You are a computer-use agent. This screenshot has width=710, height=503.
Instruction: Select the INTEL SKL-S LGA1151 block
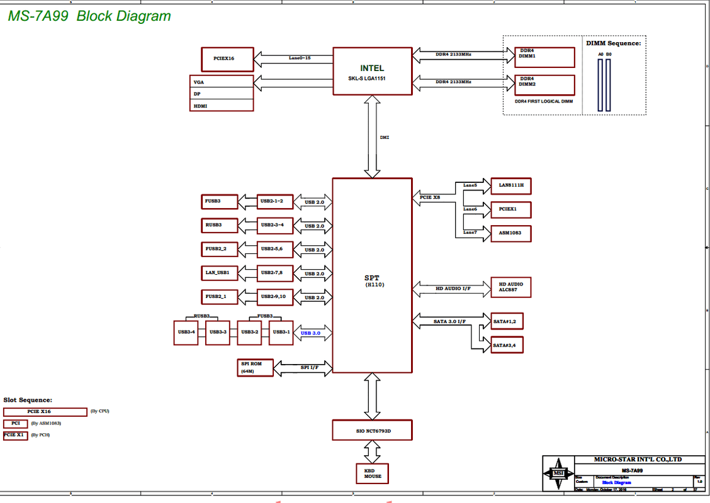[372, 71]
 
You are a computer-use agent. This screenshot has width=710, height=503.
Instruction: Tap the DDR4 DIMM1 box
[544, 57]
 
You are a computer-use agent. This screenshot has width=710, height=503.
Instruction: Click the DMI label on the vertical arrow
[385, 136]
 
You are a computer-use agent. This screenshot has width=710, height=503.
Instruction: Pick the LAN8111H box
[510, 185]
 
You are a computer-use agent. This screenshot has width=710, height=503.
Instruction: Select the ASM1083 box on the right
[510, 233]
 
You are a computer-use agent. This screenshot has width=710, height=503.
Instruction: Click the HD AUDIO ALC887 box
[510, 287]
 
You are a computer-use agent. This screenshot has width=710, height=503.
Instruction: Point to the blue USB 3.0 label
[311, 333]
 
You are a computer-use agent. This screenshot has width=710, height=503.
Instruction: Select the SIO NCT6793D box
[372, 430]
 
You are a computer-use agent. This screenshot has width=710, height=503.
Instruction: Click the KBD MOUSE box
[372, 473]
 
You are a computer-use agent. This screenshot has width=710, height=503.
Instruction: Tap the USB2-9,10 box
[275, 296]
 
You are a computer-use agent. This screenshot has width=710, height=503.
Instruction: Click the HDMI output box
[222, 106]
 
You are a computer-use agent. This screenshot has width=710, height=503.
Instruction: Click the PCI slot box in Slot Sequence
[16, 423]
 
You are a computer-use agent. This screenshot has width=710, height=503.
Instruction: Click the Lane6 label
[470, 209]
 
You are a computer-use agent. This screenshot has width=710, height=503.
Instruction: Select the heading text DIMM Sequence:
[613, 43]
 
